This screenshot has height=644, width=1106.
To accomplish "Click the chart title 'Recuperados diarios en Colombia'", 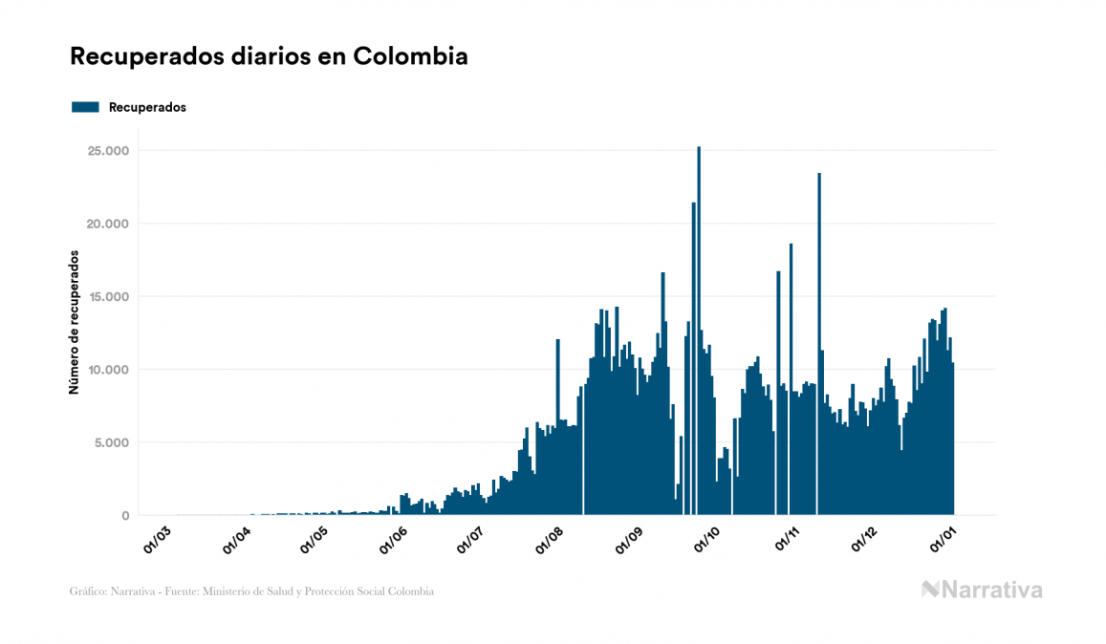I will pos(269,56).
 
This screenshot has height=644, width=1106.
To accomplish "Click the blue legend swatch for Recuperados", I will pos(85,107).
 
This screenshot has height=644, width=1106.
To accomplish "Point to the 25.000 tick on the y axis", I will pos(108,151).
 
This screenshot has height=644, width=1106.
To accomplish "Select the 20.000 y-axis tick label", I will pos(108,224).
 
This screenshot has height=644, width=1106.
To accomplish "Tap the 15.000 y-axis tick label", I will pos(108,297).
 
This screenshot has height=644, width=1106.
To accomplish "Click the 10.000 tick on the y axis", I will pos(108,370).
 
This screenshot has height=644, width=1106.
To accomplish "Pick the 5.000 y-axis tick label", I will pos(112,442).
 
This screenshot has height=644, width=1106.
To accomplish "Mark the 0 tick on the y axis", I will pos(125,516).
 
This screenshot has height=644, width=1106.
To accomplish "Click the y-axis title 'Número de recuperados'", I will pos(74,323).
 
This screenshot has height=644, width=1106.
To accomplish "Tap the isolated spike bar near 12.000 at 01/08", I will pos(558,430).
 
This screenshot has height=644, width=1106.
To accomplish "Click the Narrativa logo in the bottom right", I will pos(982,590).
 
